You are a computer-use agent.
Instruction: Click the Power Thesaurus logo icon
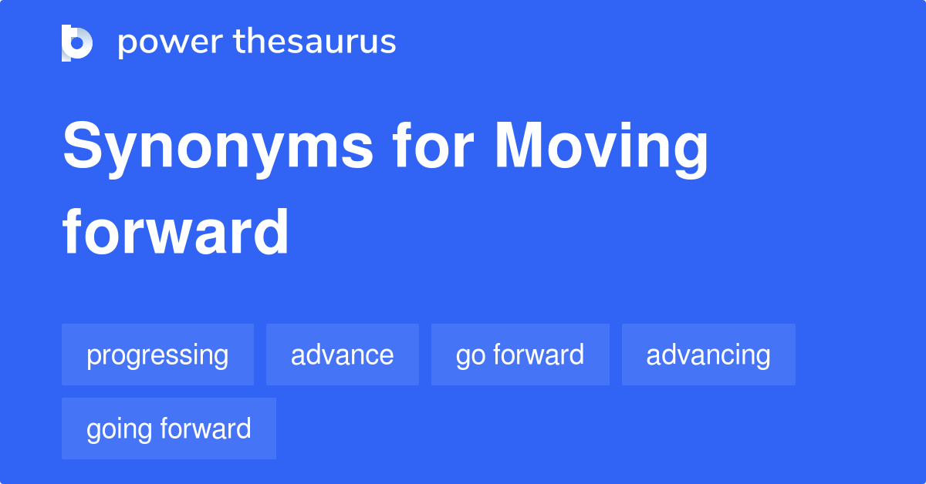pos(77,42)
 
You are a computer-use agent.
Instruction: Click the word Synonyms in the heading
pos(218,149)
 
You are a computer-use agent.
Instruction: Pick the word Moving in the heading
pos(602,149)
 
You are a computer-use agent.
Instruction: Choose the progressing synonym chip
pos(157,355)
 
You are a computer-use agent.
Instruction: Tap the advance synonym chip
pos(343,355)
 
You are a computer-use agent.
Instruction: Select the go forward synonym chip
pos(520,355)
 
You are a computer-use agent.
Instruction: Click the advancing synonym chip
pos(708,355)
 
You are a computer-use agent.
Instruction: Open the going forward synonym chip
pos(169,429)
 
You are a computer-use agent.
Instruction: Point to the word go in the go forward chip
pos(471,357)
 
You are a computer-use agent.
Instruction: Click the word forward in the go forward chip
pos(539,355)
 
